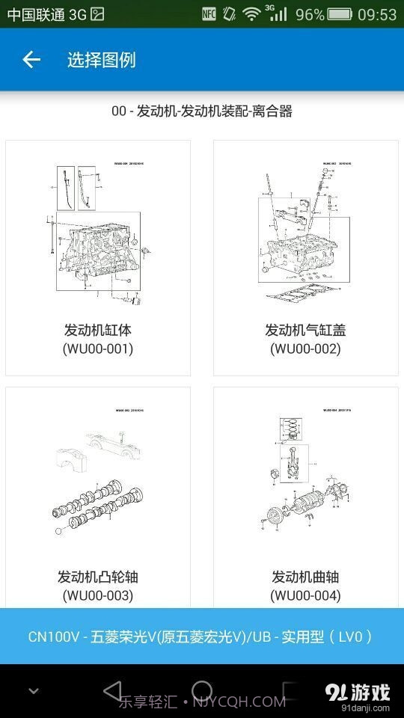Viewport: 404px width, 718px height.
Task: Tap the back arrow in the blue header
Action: [31, 60]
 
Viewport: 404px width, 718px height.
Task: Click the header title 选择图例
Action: [101, 60]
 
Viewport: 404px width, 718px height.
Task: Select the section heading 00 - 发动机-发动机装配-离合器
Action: [201, 111]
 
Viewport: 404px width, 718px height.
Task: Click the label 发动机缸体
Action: [98, 330]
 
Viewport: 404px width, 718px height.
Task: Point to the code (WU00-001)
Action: [98, 349]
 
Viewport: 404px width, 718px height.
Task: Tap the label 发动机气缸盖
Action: [305, 330]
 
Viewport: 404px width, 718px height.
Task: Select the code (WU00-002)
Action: [305, 349]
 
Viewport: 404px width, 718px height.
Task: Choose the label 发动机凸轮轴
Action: [98, 577]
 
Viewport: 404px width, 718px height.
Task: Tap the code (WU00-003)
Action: [98, 595]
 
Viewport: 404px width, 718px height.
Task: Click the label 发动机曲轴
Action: [305, 577]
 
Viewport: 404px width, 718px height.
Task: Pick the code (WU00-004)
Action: [305, 595]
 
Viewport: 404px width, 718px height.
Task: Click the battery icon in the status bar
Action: [340, 14]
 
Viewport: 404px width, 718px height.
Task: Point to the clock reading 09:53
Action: [377, 14]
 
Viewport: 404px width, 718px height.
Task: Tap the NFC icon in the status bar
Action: [209, 14]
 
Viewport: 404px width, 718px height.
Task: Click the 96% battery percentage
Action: [310, 14]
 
